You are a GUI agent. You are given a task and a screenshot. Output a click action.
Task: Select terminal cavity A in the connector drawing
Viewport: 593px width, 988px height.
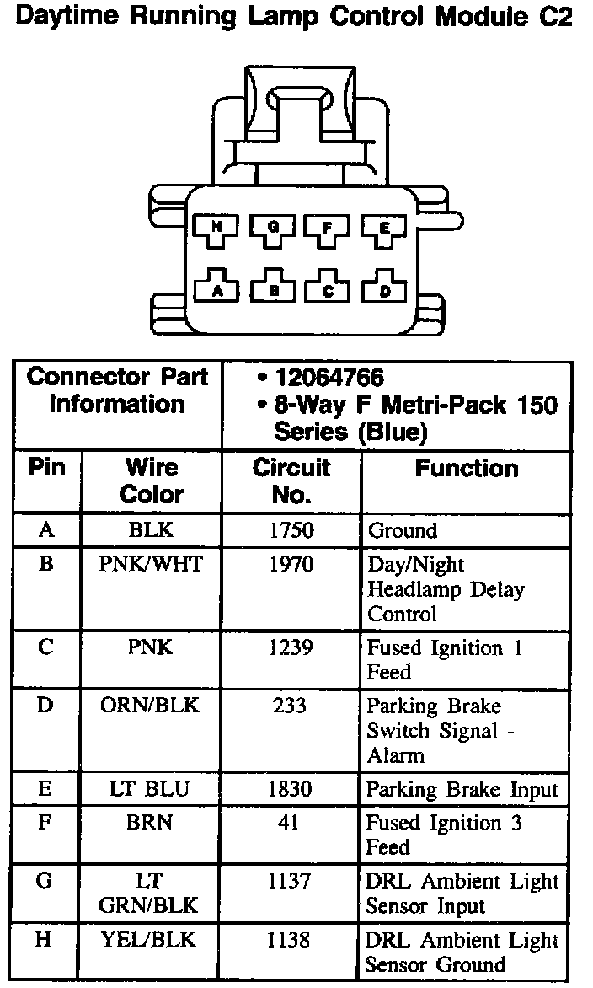click(x=216, y=289)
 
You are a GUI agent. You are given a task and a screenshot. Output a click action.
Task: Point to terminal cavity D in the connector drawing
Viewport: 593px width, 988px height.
click(x=383, y=289)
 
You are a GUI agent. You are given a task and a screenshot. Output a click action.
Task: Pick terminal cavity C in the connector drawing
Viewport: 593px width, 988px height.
click(x=328, y=289)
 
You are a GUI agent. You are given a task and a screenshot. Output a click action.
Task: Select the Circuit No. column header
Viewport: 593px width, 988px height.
click(x=291, y=481)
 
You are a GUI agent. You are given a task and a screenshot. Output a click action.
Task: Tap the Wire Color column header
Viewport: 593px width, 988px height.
click(x=152, y=481)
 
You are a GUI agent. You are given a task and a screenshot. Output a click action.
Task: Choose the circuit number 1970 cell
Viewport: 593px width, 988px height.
click(x=291, y=564)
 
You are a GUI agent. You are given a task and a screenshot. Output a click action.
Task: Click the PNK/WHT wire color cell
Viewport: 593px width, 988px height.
click(x=152, y=564)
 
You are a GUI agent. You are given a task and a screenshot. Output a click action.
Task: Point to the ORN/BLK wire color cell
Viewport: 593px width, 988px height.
click(x=152, y=706)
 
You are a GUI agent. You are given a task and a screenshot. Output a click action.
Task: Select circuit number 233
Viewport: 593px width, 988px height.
click(x=291, y=706)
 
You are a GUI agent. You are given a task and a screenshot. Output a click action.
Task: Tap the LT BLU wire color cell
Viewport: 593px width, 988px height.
click(x=152, y=789)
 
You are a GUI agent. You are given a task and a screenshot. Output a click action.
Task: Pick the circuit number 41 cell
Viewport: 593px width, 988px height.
click(x=291, y=823)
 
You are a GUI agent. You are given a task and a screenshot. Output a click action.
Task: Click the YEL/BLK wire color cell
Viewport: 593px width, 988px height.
click(x=152, y=940)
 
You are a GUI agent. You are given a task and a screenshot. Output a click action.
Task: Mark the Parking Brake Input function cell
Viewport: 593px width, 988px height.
click(x=462, y=790)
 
